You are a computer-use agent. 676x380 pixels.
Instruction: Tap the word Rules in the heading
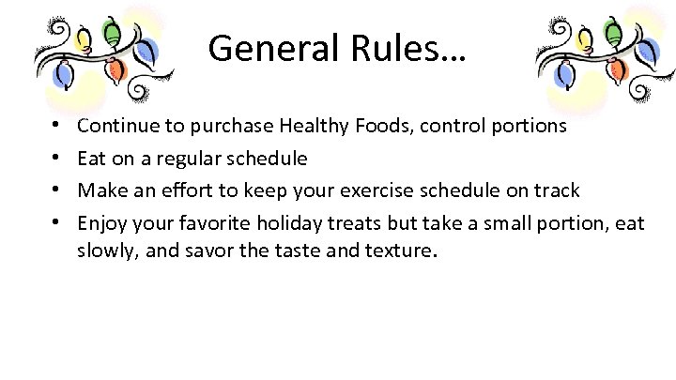tap(400, 47)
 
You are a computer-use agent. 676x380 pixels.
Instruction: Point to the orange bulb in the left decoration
tap(116, 68)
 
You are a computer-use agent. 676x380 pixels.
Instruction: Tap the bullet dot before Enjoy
tap(58, 224)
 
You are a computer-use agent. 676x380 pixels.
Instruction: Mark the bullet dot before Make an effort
tap(58, 191)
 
